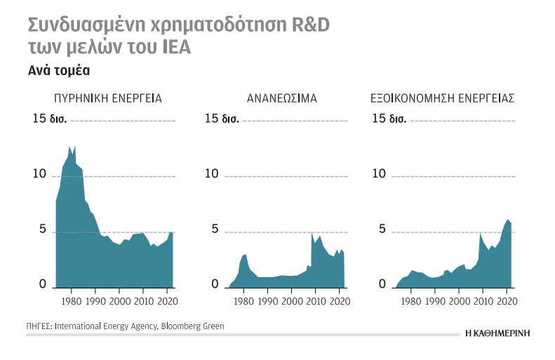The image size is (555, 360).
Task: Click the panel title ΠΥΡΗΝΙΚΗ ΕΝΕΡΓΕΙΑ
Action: click(x=108, y=99)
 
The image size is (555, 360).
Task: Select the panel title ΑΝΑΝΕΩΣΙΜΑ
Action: click(x=282, y=99)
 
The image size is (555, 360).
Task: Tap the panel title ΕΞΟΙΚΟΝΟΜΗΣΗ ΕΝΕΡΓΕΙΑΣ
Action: click(x=442, y=99)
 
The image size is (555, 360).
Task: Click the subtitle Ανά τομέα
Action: click(x=59, y=71)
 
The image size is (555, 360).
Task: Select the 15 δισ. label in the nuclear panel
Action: click(x=50, y=118)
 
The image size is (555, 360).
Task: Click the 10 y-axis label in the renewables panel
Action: click(x=211, y=173)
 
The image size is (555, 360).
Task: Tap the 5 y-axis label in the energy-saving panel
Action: click(x=382, y=229)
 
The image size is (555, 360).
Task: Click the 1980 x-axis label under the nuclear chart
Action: click(x=71, y=301)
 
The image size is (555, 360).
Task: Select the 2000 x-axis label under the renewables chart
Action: click(x=292, y=301)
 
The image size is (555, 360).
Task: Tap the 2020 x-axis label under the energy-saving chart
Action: click(x=506, y=301)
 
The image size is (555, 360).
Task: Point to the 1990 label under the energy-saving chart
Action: click(x=435, y=301)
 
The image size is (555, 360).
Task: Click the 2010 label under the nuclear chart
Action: click(x=143, y=301)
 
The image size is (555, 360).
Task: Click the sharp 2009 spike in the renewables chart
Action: click(x=312, y=233)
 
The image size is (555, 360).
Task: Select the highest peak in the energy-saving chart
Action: click(x=507, y=220)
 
